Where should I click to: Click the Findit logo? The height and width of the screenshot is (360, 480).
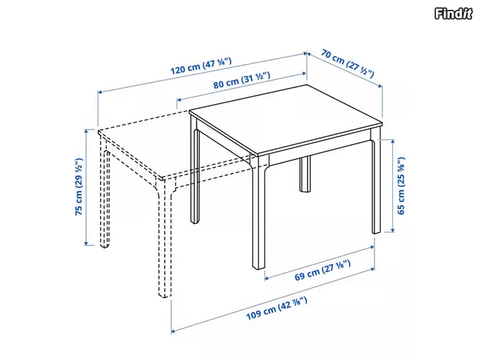(454, 13)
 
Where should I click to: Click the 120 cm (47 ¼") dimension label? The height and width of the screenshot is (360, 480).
(201, 66)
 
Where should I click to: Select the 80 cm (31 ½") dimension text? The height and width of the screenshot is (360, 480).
(242, 80)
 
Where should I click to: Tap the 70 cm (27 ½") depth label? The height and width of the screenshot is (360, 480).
(347, 63)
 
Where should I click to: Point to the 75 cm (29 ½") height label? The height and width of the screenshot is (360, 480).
(78, 187)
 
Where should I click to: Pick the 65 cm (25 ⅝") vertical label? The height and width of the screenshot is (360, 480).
(401, 185)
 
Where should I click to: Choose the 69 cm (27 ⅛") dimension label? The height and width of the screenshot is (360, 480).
(322, 270)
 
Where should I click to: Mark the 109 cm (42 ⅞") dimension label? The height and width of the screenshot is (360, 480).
(277, 309)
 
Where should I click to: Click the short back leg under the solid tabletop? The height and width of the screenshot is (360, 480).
(305, 174)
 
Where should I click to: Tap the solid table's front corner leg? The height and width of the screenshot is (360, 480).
(258, 212)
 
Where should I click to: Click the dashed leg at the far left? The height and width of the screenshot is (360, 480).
(105, 196)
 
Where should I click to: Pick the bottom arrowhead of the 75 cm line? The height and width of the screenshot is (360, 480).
(86, 243)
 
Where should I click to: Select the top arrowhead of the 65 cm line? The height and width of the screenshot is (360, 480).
(393, 142)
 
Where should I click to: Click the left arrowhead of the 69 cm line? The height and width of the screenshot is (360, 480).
(266, 278)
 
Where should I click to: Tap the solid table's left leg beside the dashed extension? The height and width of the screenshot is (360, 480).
(195, 171)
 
